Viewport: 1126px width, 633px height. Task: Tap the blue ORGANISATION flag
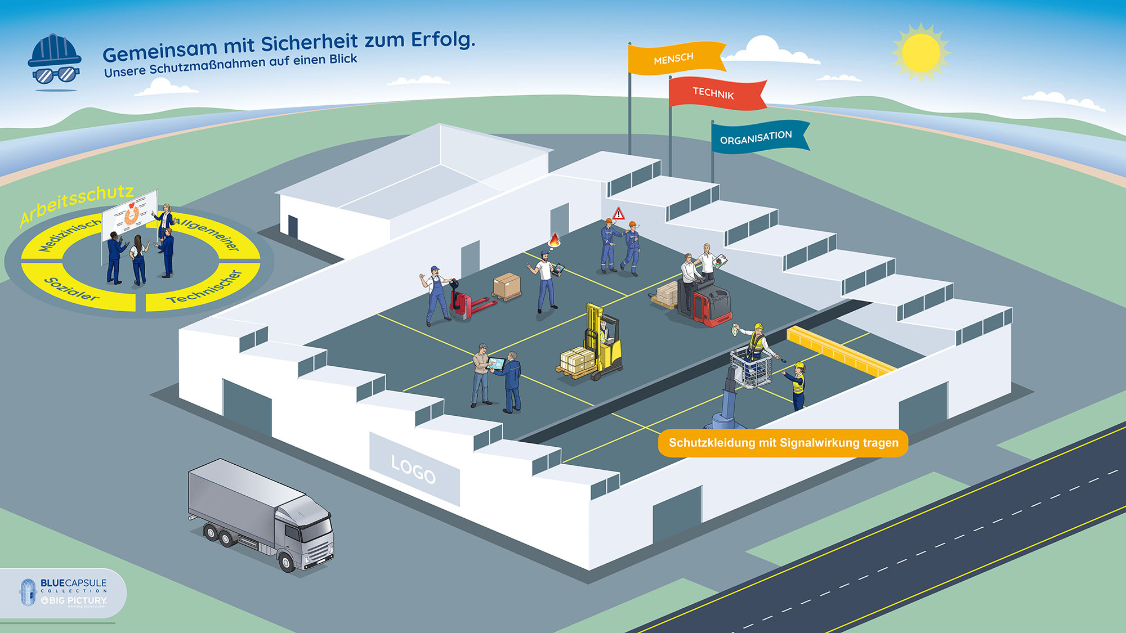(x=758, y=137)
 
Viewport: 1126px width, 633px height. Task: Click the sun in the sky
(x=921, y=52)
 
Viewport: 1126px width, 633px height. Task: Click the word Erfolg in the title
(x=443, y=39)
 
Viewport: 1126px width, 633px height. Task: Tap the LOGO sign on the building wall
(x=414, y=469)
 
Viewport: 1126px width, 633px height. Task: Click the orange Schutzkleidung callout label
(x=783, y=443)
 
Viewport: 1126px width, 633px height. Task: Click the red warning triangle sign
(x=619, y=213)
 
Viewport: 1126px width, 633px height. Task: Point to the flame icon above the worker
(x=555, y=240)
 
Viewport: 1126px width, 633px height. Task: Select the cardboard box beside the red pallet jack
(x=507, y=285)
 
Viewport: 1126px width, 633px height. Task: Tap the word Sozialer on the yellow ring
(x=72, y=289)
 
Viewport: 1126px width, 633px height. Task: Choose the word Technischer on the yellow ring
(x=205, y=287)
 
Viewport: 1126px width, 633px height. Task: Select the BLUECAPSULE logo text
(x=73, y=583)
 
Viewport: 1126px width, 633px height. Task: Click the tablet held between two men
(x=496, y=363)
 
